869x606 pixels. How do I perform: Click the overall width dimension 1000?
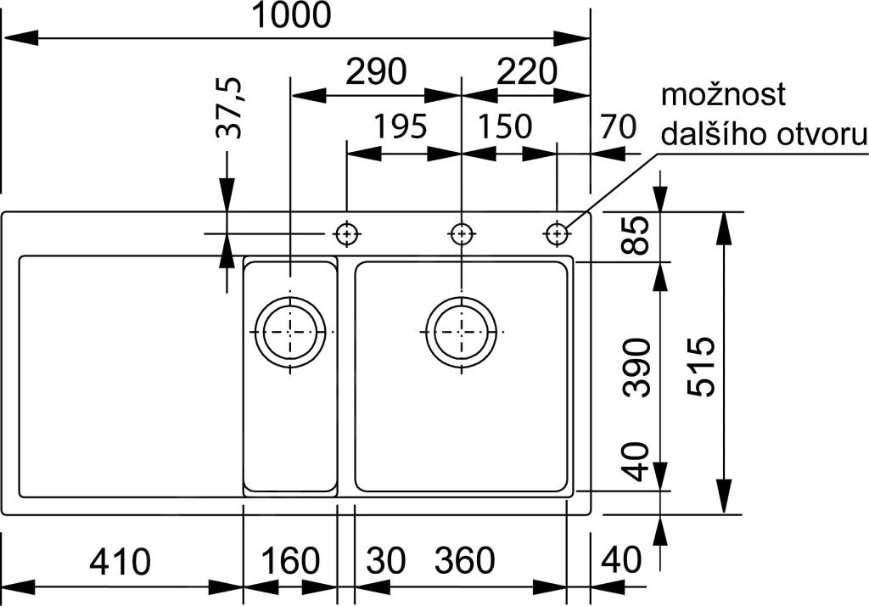(293, 15)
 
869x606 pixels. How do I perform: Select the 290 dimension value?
(375, 73)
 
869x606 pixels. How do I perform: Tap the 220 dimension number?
(525, 73)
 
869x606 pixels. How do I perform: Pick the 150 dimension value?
(504, 127)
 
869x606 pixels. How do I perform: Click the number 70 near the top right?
(617, 127)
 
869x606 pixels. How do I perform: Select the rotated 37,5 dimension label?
(229, 108)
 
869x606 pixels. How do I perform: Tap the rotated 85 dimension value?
(637, 235)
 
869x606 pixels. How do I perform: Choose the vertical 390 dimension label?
(637, 367)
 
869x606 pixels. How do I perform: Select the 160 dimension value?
(291, 561)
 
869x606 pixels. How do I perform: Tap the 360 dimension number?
(465, 561)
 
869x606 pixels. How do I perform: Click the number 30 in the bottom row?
(386, 561)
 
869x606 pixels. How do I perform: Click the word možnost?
(723, 95)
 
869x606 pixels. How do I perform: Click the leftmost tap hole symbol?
(346, 233)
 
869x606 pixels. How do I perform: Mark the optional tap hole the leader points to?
(557, 233)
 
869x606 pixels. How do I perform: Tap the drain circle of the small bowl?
(290, 331)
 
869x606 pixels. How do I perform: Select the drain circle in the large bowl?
(461, 331)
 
